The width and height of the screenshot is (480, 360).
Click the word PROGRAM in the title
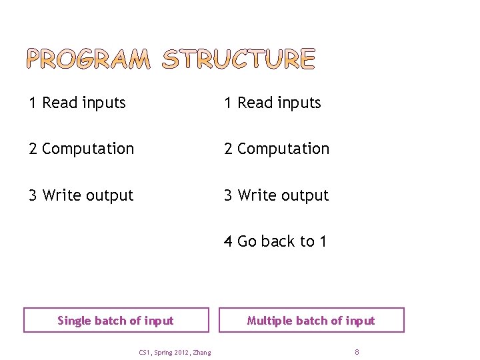89,59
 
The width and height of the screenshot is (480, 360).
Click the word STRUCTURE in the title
239,59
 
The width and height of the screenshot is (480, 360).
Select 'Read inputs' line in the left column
77,103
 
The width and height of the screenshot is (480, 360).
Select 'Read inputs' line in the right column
273,103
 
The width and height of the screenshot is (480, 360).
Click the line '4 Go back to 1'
275,241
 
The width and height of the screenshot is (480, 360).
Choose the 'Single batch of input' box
116,320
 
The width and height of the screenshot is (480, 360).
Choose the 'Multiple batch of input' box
311,320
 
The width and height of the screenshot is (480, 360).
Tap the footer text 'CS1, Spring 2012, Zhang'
175,352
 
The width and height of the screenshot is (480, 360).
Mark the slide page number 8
357,351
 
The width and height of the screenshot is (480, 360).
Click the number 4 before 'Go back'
228,241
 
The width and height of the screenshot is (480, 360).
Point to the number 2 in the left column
33,149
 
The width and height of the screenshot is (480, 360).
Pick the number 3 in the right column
228,195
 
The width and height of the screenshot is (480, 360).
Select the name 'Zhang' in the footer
201,352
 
